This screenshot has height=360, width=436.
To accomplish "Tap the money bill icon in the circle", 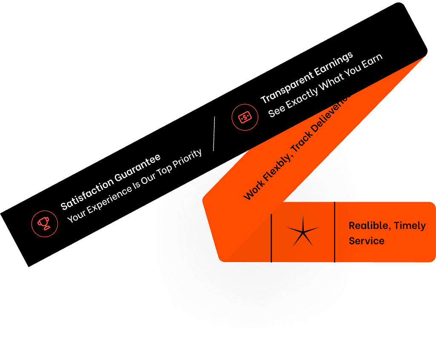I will point(245,117).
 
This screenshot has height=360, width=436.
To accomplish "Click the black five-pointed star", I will point(302,231).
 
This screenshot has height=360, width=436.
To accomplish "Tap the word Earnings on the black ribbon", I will point(334,64).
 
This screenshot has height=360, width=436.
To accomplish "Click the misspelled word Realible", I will point(369,226).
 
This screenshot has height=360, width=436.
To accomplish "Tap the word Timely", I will point(410,226).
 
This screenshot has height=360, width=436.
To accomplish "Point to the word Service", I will point(366,241).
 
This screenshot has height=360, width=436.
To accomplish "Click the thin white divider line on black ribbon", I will point(214,134).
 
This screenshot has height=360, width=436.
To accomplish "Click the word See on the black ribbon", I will point(277,110).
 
